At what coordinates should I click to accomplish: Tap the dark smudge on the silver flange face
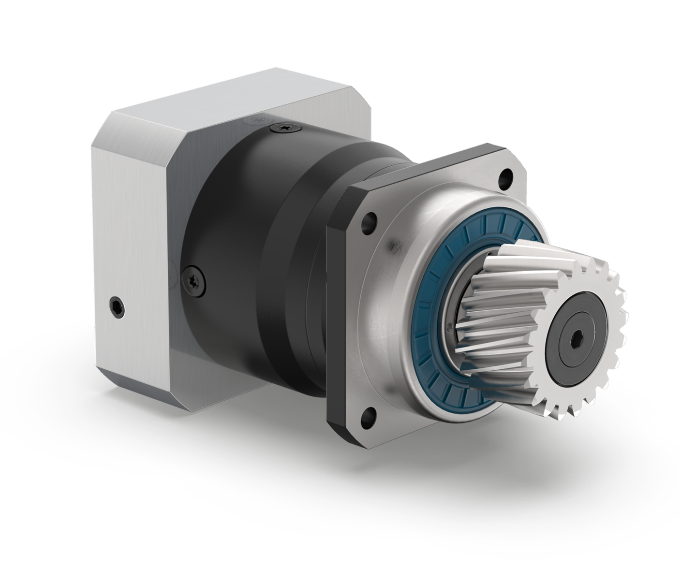[x=397, y=251]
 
